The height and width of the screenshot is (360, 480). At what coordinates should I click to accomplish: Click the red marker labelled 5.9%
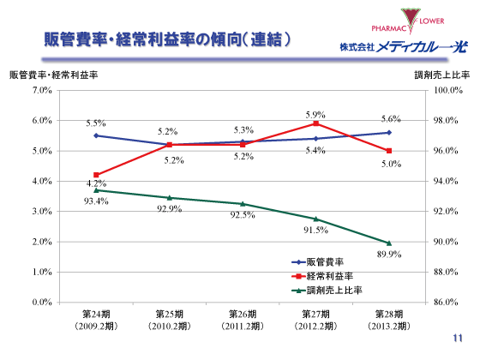(x=316, y=123)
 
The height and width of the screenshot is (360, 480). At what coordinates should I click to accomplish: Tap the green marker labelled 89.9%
(x=389, y=243)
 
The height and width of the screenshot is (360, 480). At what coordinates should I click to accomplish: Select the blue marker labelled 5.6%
(x=389, y=132)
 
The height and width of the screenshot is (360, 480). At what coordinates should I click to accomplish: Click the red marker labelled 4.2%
(x=96, y=175)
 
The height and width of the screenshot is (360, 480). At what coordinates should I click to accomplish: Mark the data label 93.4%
(x=96, y=201)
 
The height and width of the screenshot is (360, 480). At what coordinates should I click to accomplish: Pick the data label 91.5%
(x=316, y=230)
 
